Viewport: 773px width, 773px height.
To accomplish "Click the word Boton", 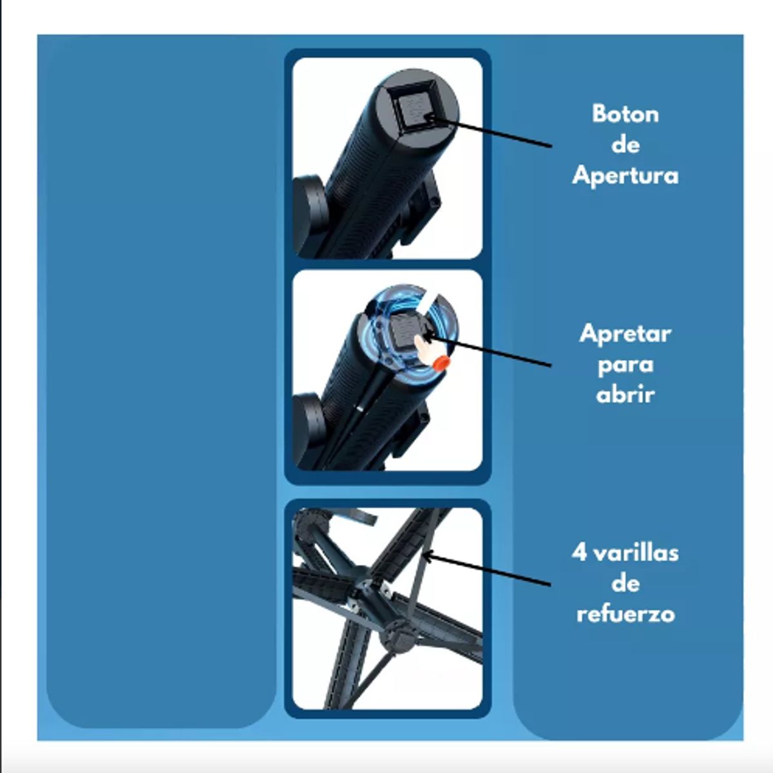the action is [625, 114].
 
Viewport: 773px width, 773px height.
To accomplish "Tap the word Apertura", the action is [625, 176].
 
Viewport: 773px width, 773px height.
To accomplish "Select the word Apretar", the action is [625, 334].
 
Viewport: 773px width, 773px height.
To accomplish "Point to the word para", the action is [625, 366].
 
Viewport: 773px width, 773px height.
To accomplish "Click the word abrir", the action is [625, 395].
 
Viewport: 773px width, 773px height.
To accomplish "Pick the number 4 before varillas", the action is [579, 553].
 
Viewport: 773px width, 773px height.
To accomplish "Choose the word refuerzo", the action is [625, 614].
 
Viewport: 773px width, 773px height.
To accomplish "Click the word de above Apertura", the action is [625, 145].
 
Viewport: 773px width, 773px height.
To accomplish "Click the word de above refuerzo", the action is [625, 584].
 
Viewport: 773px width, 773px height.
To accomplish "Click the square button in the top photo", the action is [417, 106].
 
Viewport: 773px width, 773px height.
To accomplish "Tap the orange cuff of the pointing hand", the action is [442, 363].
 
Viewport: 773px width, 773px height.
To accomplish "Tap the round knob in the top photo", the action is [309, 215].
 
